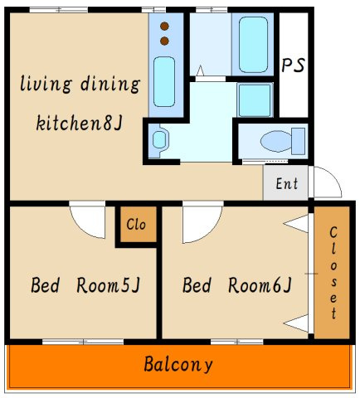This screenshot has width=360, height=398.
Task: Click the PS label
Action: coord(293,65)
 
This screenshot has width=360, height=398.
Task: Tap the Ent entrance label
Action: coord(287,183)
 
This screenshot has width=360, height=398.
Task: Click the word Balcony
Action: coord(178,365)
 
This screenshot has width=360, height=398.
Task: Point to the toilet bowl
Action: coord(276,141)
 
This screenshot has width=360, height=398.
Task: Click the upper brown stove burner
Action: coord(164,27)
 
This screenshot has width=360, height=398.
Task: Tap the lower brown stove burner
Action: coord(164,41)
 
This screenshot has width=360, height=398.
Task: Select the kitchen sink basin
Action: coord(164,81)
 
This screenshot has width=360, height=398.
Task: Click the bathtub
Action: coord(253,45)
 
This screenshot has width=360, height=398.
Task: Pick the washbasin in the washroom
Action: coord(159,139)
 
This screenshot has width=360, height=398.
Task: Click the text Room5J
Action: coord(109,285)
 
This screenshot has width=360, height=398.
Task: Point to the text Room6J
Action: coord(260,285)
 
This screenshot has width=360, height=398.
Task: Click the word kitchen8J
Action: coord(79,123)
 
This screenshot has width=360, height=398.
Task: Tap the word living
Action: coord(46,84)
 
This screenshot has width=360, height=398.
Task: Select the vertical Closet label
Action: coord(333,273)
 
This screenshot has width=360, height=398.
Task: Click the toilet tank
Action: coord(299,141)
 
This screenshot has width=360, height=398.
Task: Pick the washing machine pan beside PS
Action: coord(255,100)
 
